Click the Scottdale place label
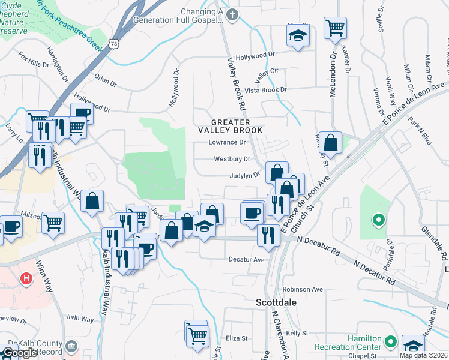point(276,303)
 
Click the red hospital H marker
point(26,278)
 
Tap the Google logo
point(19,353)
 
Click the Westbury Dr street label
point(232,159)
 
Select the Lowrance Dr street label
point(227,143)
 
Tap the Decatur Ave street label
point(246,260)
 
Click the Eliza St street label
point(237,338)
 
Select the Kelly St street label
point(297,333)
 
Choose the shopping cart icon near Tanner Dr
point(335,27)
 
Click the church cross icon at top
point(231,13)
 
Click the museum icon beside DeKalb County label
point(71,346)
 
